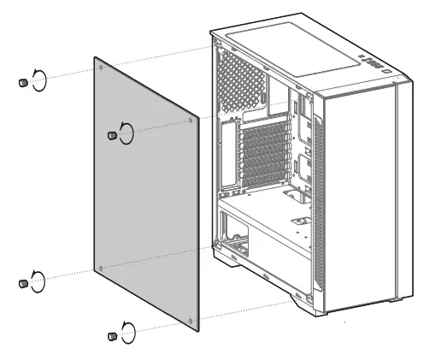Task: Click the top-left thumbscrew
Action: click(x=21, y=82)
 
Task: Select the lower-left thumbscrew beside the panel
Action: click(x=21, y=283)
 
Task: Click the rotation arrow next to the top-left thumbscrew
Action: click(x=38, y=79)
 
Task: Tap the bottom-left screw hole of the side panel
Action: click(x=102, y=269)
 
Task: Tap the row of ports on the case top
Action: click(x=368, y=62)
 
